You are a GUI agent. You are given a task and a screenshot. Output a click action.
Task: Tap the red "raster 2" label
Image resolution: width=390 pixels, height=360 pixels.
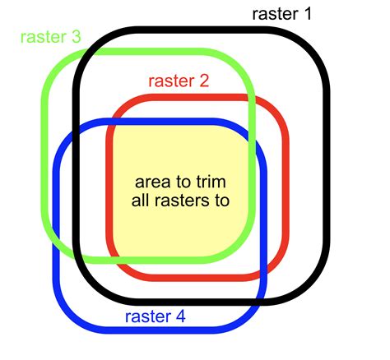tap(178, 81)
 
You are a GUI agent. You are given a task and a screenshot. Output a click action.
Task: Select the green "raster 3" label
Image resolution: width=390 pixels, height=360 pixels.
tap(51, 37)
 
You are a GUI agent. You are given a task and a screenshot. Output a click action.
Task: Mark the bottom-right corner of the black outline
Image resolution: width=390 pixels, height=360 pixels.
tap(318, 288)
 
